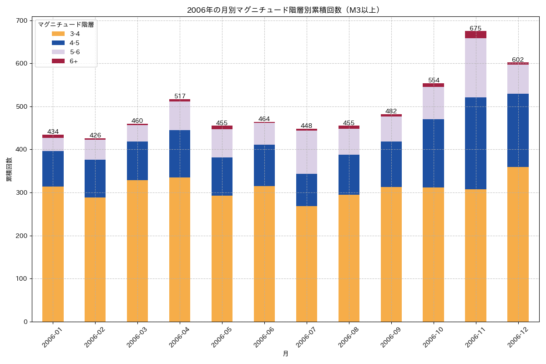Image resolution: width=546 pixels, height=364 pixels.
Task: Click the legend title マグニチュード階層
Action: pos(66,25)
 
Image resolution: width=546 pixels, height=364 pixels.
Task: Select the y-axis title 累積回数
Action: pos(9,170)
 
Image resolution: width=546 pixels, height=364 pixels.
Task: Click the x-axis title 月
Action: pos(285,354)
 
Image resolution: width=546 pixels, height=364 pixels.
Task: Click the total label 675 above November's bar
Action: pos(475,28)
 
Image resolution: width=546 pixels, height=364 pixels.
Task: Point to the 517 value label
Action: pos(180,96)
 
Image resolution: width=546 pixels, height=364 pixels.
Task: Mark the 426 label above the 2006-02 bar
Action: pos(95,135)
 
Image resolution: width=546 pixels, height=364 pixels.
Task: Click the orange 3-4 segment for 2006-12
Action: pos(518,244)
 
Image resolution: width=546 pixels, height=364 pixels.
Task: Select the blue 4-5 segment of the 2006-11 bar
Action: pos(475,143)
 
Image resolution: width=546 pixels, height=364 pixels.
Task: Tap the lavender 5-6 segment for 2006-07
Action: pos(307,152)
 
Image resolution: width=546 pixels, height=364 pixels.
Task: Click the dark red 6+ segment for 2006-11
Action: pos(475,35)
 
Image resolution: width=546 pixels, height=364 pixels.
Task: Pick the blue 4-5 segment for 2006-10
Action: pos(433,153)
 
